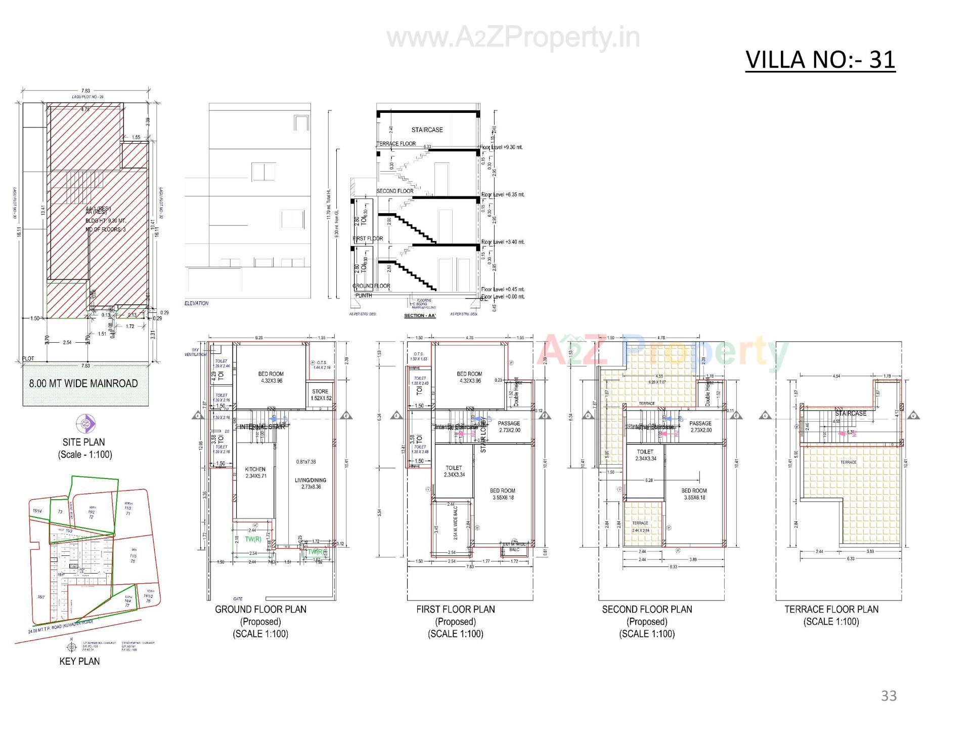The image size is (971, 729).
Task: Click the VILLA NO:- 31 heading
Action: pos(820,60)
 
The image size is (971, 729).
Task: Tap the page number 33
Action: pos(889,696)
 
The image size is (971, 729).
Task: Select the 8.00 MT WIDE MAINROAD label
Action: pos(83,383)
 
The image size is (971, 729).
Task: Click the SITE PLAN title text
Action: pos(84,442)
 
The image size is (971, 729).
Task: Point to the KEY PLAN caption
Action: pos(79,661)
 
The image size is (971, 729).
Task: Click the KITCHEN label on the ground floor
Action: pos(255,469)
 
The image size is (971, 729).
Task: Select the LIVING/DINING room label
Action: pos(311,480)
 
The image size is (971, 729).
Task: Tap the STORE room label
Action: pos(320,391)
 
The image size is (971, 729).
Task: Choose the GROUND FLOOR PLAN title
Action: pos(260,610)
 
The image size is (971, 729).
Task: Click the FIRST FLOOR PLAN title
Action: pos(455,610)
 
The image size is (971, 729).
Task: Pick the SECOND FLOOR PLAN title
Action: pos(647,610)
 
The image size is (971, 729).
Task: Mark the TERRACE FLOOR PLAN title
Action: pos(831,610)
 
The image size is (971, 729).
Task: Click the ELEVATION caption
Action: pos(196,303)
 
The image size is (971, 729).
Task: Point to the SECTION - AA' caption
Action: pos(419,316)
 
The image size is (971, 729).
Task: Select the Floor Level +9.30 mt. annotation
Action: pos(502,147)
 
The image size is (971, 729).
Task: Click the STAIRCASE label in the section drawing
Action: pos(427,130)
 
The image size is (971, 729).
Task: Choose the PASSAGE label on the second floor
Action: pos(700,423)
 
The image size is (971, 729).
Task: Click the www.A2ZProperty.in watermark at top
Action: pos(513,38)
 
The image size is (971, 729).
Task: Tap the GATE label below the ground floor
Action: pos(238,599)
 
